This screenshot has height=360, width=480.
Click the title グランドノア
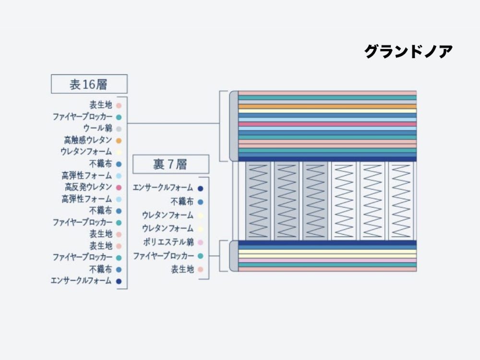(x=408, y=51)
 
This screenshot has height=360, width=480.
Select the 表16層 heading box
(x=89, y=84)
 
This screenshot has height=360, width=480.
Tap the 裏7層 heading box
(x=170, y=164)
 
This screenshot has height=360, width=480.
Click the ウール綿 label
(x=97, y=128)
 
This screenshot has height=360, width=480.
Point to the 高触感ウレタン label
(x=88, y=140)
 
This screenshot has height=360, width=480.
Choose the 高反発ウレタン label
(x=88, y=187)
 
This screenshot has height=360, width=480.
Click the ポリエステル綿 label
(x=168, y=242)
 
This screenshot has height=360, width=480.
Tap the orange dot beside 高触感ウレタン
(x=119, y=141)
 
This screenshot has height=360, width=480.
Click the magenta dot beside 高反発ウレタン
(x=119, y=187)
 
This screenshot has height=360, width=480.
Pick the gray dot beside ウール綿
(x=119, y=129)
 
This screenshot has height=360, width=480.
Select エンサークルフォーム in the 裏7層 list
(x=163, y=188)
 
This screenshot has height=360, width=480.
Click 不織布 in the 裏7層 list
(x=182, y=202)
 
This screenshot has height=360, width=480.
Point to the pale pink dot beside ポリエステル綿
(x=200, y=242)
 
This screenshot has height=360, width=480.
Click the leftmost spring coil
(x=258, y=201)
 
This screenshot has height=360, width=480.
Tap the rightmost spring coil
(x=400, y=201)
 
